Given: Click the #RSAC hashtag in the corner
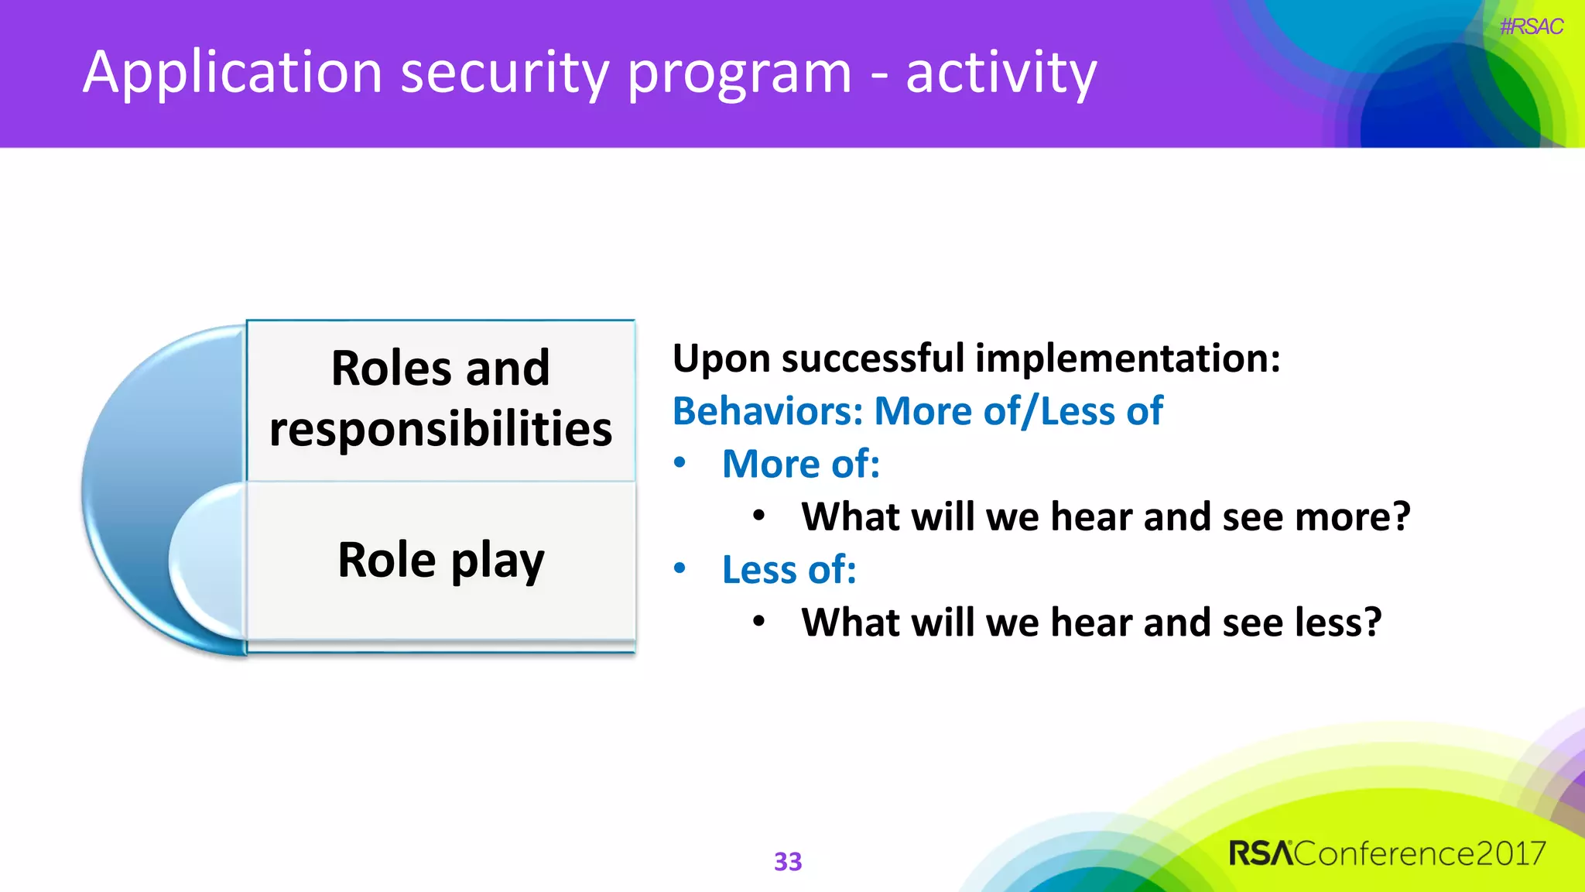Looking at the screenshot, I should click(1531, 27).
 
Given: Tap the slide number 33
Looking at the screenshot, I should click(788, 861).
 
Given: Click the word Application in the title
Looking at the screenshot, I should click(233, 73).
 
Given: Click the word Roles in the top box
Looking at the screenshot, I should click(391, 368).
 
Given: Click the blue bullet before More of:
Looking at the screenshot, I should click(680, 463).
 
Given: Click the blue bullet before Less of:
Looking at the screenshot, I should click(680, 569).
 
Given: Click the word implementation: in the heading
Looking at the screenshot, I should click(1128, 359).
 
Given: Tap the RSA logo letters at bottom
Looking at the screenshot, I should click(1261, 853).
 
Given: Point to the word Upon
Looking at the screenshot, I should click(721, 359).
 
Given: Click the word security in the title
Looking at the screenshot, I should click(505, 73).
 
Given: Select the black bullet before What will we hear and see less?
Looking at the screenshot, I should click(759, 621).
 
